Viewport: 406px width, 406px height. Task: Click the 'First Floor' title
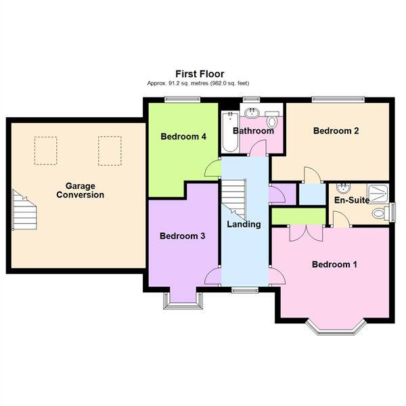(200, 74)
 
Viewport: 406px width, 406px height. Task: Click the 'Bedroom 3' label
(182, 236)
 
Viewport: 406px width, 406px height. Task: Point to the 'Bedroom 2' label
(336, 131)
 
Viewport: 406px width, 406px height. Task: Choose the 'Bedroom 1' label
(334, 265)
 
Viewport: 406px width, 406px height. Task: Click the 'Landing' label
(244, 224)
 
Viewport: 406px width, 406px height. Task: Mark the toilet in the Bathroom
(272, 122)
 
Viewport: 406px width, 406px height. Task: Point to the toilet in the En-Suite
(380, 212)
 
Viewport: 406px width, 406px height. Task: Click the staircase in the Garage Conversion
(24, 209)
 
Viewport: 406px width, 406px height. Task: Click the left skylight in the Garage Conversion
(46, 150)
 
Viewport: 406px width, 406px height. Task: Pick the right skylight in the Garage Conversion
(109, 150)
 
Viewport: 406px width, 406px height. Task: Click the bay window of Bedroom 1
(336, 328)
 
